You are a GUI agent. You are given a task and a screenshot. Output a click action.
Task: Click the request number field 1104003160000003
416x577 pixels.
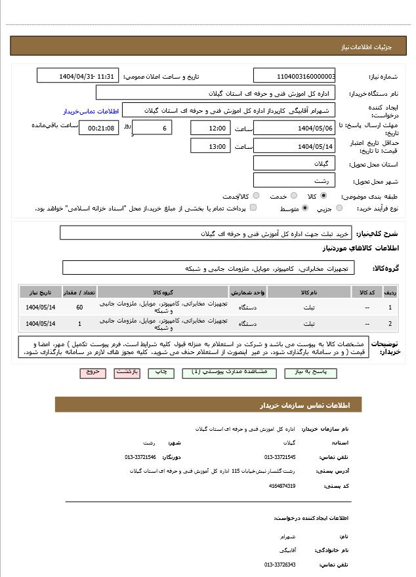point(294,76)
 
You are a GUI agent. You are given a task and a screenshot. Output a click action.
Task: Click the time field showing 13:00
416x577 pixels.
point(210,146)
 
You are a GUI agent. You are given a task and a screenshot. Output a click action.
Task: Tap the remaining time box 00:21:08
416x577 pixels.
point(99,128)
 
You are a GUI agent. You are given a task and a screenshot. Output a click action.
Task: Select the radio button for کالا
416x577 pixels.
point(323,195)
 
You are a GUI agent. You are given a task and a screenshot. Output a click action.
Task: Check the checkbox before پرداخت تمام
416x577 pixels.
point(253,208)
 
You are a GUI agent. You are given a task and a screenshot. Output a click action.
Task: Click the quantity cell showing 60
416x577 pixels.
point(79,307)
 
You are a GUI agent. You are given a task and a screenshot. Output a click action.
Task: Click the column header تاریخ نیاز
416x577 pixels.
point(41,292)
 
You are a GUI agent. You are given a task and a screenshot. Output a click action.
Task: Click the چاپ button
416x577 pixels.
point(160,372)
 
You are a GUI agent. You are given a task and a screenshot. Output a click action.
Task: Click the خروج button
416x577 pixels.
point(93,372)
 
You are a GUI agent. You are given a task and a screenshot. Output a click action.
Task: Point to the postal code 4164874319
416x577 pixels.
point(282,486)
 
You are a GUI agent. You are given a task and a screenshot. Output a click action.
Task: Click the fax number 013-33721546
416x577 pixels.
point(140,456)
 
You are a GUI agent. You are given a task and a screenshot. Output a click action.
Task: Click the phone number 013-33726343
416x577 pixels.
point(280,564)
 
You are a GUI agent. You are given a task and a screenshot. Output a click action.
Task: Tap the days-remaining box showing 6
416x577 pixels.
point(154,128)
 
